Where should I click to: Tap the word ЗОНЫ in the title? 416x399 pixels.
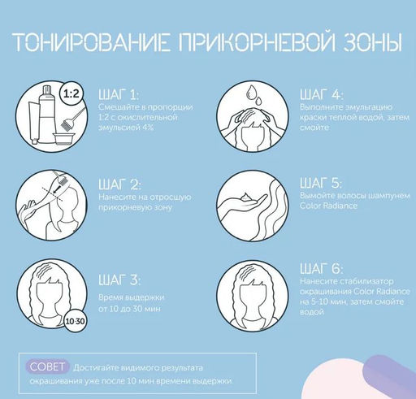[372, 43]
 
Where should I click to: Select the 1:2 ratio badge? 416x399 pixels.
[71, 94]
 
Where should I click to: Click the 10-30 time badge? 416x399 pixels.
[75, 322]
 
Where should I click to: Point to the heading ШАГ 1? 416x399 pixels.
[119, 94]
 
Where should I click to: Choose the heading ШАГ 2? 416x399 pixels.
[119, 184]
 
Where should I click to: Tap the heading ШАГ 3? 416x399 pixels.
[119, 280]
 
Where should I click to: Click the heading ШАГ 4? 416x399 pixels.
[321, 94]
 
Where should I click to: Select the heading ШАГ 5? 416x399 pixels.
[321, 183]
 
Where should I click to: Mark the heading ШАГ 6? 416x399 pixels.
[321, 268]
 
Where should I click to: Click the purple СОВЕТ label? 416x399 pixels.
[47, 366]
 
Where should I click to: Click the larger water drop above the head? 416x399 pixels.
[251, 92]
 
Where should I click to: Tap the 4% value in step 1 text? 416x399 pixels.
[148, 128]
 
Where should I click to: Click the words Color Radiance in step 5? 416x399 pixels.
[328, 206]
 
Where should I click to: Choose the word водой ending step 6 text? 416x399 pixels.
[312, 312]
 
